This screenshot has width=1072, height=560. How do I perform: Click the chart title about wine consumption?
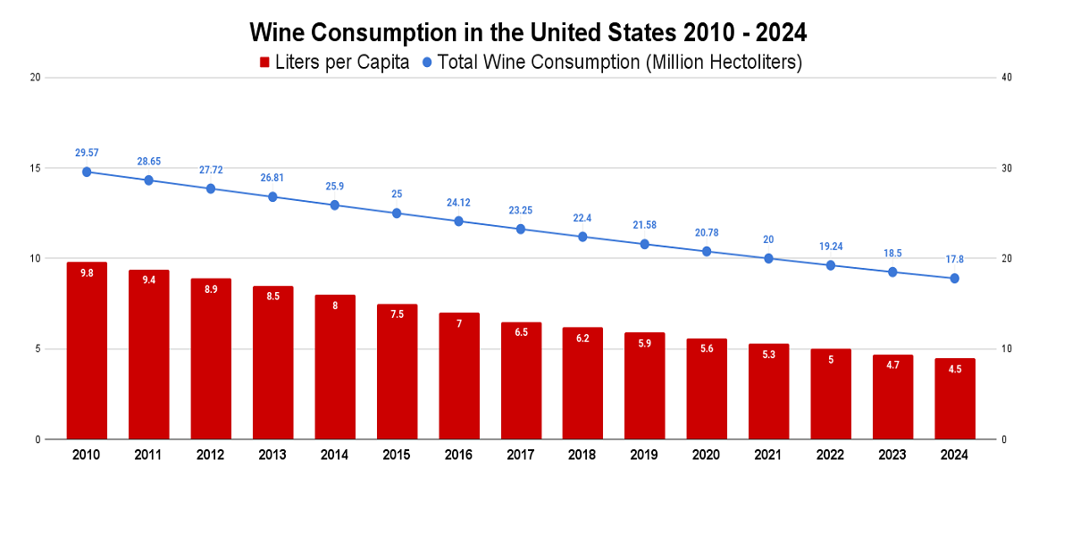click(x=528, y=33)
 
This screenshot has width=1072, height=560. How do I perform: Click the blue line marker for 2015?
click(x=397, y=213)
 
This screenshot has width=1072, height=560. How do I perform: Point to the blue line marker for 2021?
click(x=768, y=258)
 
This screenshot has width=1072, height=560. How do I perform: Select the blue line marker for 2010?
click(x=87, y=171)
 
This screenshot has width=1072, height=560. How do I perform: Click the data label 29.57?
click(x=87, y=153)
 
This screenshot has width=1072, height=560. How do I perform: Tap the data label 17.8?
click(x=954, y=259)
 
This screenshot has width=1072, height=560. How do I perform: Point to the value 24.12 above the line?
click(x=459, y=203)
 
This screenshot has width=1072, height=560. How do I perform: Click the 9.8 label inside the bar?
click(x=87, y=273)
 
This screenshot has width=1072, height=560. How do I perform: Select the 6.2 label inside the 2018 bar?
click(x=582, y=339)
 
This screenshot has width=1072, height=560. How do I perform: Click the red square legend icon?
click(x=264, y=63)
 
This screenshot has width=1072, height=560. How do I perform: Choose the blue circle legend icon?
click(x=426, y=63)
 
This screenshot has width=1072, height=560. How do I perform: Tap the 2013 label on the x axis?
click(x=272, y=455)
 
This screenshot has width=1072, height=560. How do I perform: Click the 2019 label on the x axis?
click(x=644, y=455)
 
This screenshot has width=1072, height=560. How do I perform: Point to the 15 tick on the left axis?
click(x=36, y=168)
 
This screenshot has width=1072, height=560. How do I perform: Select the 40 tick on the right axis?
click(x=1007, y=78)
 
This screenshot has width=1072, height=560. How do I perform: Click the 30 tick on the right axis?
click(x=1007, y=168)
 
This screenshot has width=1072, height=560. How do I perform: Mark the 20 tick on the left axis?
click(x=36, y=78)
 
